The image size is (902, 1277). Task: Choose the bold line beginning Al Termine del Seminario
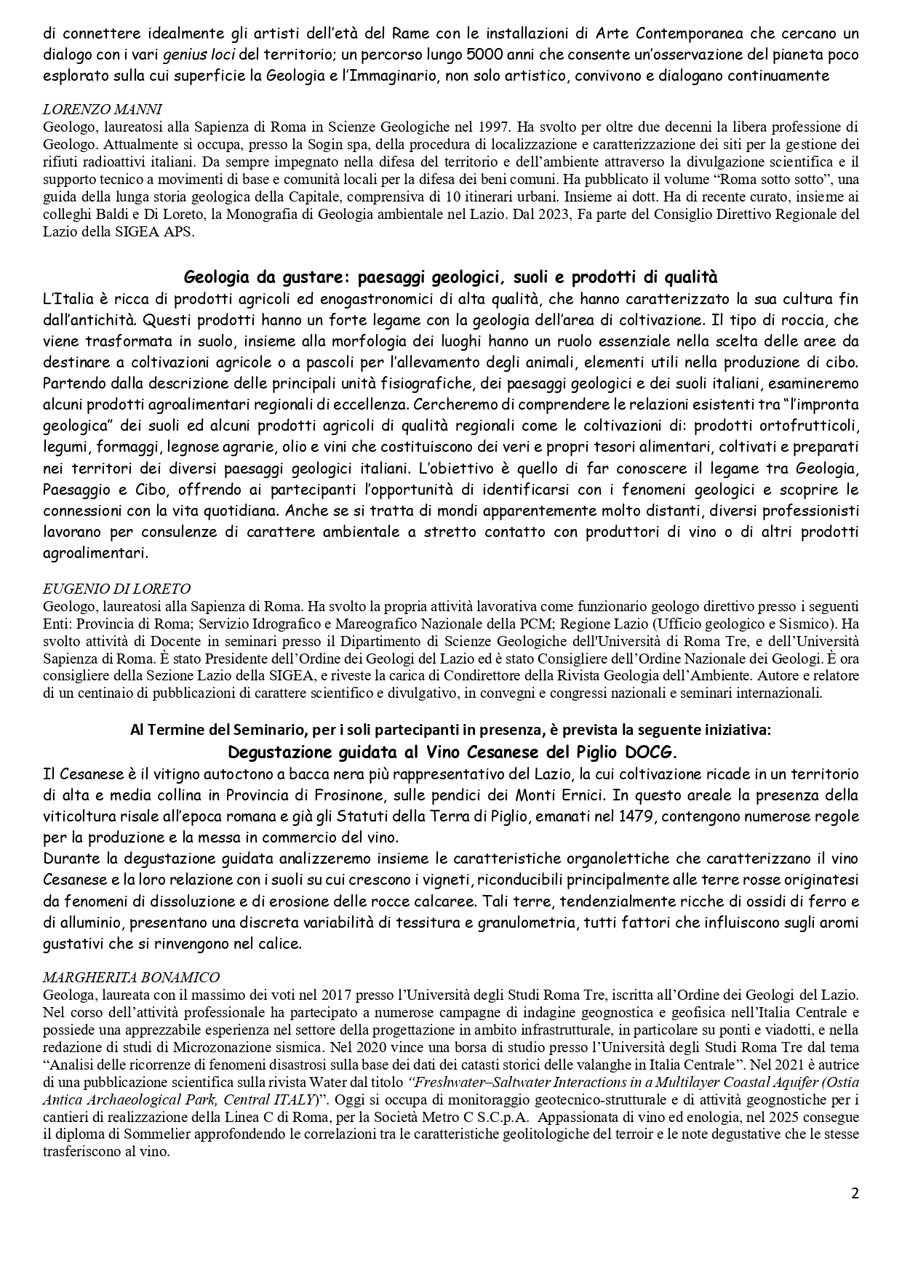pyautogui.click(x=450, y=729)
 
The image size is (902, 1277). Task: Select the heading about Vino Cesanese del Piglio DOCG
pyautogui.click(x=450, y=751)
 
